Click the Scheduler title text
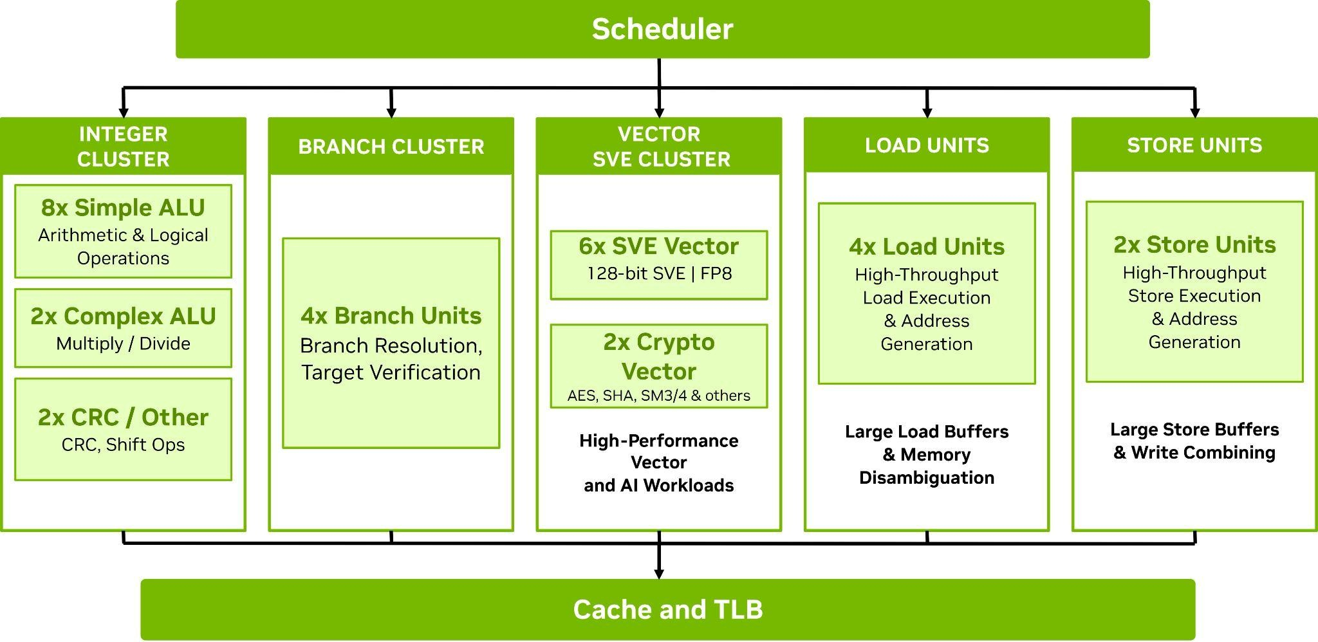[x=662, y=30]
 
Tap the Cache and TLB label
[x=668, y=609]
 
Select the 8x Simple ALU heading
[x=123, y=208]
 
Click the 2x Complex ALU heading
[x=123, y=316]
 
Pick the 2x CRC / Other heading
[x=123, y=417]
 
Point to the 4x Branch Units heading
[x=391, y=315]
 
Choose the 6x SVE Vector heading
[x=658, y=246]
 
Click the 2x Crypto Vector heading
[x=658, y=356]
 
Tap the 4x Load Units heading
[x=927, y=246]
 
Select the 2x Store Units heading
[x=1194, y=244]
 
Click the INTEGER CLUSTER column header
[x=123, y=147]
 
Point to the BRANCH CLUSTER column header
[x=391, y=147]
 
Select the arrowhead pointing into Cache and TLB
[x=658, y=573]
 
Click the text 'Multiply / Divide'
[x=123, y=344]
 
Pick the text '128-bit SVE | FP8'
[x=659, y=273]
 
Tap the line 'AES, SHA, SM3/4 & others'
[x=658, y=396]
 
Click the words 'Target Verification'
[x=391, y=372]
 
